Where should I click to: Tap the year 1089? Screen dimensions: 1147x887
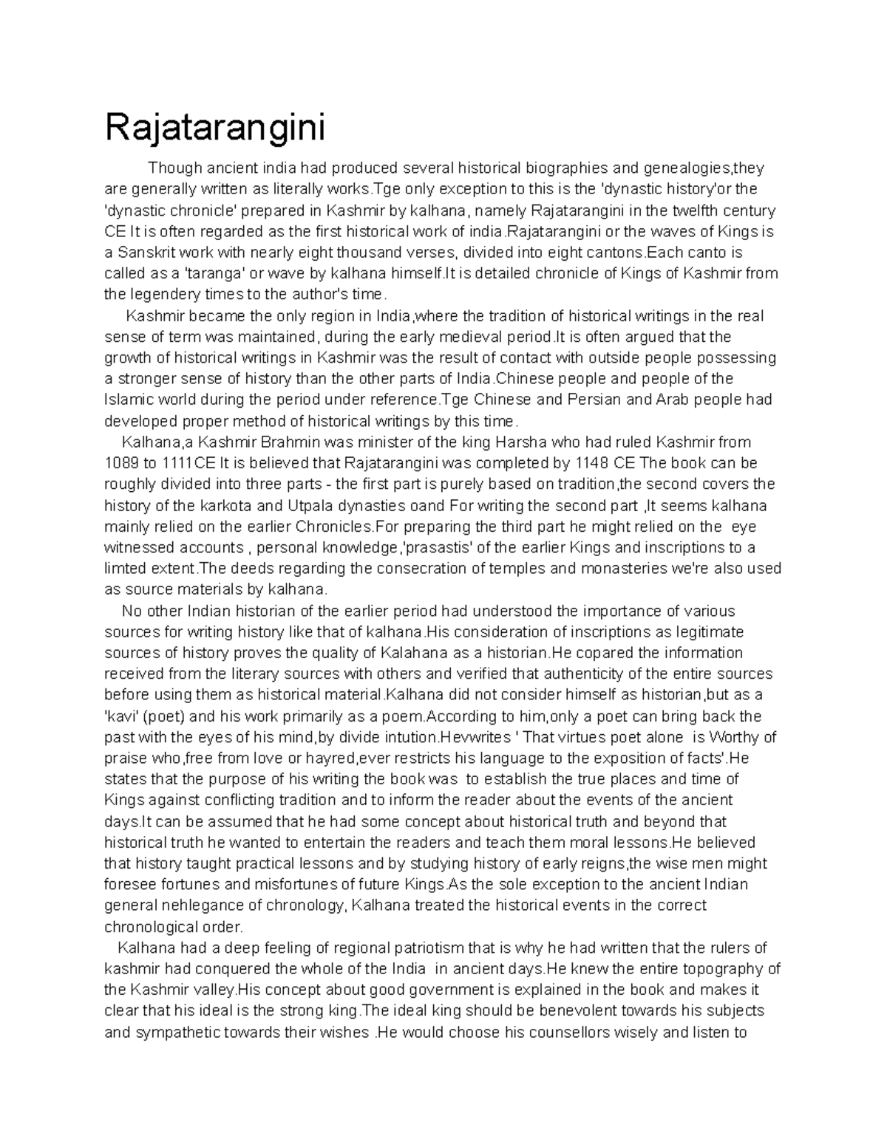click(120, 464)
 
